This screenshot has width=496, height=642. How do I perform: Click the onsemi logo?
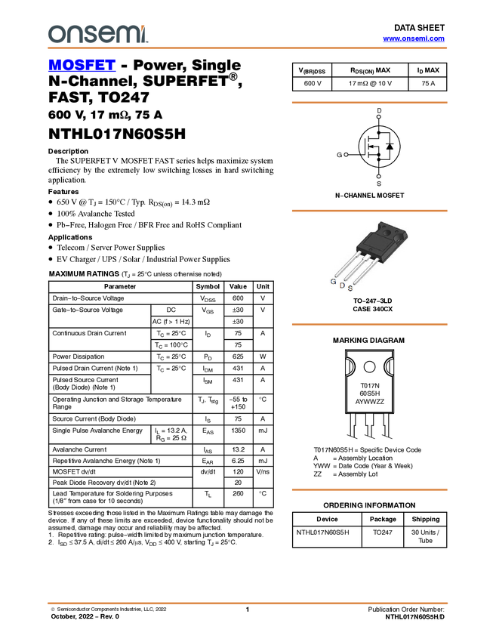click(97, 34)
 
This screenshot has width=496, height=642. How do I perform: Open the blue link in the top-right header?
click(414, 39)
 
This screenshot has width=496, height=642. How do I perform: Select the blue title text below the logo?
click(82, 66)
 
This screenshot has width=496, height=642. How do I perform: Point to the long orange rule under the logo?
click(247, 48)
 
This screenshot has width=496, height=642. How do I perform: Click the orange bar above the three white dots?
click(369, 103)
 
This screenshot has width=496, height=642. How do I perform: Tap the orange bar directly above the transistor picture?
click(369, 211)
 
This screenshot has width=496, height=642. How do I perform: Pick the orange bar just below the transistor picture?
click(369, 324)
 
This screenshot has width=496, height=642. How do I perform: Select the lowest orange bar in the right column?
click(369, 489)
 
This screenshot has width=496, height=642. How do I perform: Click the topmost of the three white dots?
click(378, 117)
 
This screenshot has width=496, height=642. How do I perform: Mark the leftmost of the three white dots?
click(346, 155)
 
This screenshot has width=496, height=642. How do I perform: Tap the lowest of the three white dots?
click(378, 176)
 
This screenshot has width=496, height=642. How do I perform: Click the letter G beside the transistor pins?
click(333, 281)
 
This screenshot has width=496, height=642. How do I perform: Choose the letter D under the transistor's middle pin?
click(342, 285)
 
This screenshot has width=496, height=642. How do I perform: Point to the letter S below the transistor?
click(350, 289)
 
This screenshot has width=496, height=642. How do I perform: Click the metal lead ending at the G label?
click(346, 264)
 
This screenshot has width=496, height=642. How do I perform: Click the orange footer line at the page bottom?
click(247, 603)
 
